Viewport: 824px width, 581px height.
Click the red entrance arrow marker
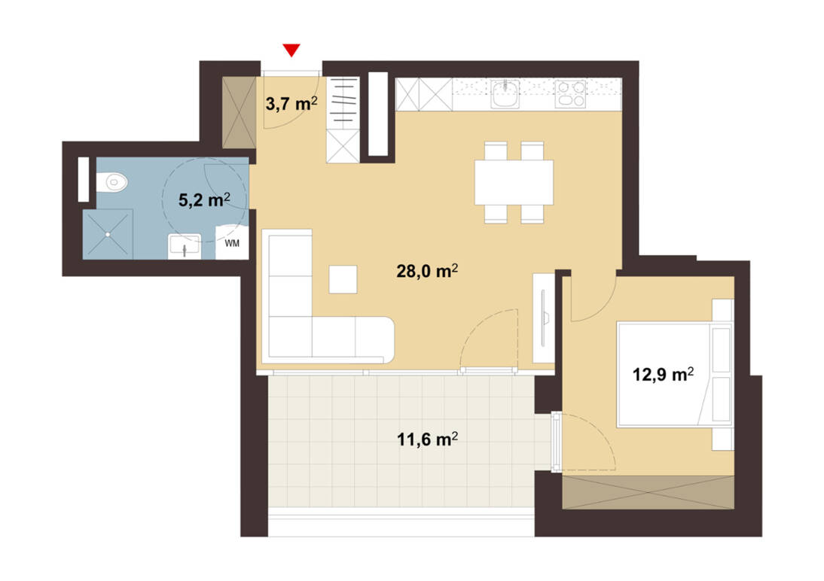click(291, 50)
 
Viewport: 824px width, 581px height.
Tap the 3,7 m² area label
click(291, 104)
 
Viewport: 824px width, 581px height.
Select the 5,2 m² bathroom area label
click(204, 199)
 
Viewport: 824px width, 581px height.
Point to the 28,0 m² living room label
click(427, 271)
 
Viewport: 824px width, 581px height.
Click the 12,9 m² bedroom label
click(663, 375)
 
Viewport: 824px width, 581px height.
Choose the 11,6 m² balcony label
click(427, 439)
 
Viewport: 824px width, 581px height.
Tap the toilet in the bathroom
click(112, 183)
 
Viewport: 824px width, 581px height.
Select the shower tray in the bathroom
click(108, 234)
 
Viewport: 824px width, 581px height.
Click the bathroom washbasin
click(184, 246)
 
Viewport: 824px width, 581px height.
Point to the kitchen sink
click(505, 94)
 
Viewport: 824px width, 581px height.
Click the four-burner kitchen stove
click(571, 93)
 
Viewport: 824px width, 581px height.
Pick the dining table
click(514, 182)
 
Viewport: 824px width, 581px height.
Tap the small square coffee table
click(343, 279)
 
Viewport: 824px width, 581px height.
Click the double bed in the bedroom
click(675, 375)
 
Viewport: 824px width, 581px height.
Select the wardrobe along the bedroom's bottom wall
click(648, 492)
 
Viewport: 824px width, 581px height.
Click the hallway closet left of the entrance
click(239, 112)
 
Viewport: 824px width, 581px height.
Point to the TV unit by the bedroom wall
click(543, 318)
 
